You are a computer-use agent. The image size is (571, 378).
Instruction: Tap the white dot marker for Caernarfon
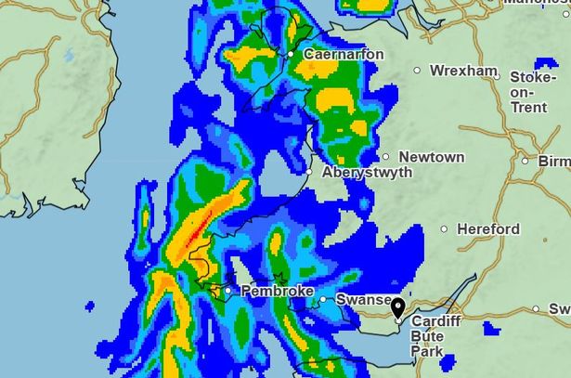[x=291, y=55]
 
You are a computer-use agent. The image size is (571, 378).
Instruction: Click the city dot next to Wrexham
[x=417, y=71]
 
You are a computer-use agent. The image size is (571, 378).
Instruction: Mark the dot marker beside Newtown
[x=386, y=157]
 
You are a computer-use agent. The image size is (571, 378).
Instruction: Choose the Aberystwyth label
[x=367, y=173]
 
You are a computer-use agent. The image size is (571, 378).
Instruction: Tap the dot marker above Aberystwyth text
[x=310, y=171]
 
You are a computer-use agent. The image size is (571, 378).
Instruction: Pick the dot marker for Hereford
[x=444, y=228]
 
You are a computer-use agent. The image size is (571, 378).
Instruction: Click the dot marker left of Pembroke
[x=227, y=291]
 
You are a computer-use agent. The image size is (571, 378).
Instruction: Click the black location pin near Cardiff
[x=398, y=308]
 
